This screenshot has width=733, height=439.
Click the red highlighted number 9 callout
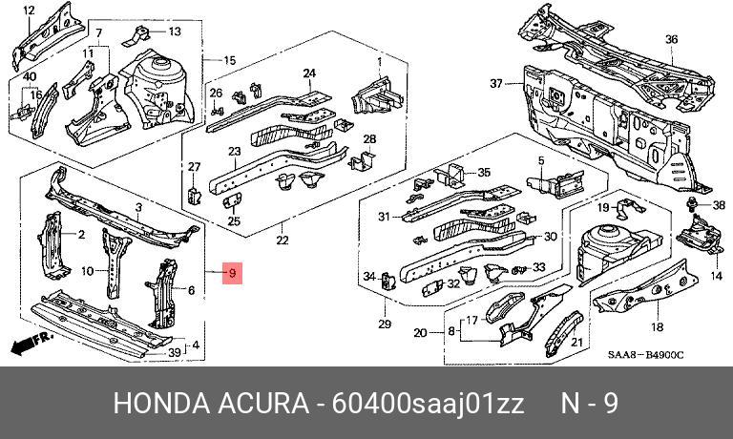(232, 273)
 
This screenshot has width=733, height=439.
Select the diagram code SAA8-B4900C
(645, 355)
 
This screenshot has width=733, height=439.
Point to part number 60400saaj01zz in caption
(428, 404)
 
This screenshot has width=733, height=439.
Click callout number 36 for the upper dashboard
(671, 39)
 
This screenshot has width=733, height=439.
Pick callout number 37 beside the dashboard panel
(496, 83)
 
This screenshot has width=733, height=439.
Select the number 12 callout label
(29, 10)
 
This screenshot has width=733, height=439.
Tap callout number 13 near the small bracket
(175, 31)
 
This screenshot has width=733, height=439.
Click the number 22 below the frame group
(283, 240)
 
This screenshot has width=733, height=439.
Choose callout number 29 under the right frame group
(385, 324)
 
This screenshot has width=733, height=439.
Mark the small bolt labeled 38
(690, 204)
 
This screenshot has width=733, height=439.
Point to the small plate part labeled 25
(232, 202)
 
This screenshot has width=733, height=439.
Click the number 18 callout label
(658, 326)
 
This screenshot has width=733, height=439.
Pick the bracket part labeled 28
(361, 161)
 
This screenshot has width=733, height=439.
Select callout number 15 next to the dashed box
(229, 60)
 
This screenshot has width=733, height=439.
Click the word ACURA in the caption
(263, 403)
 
